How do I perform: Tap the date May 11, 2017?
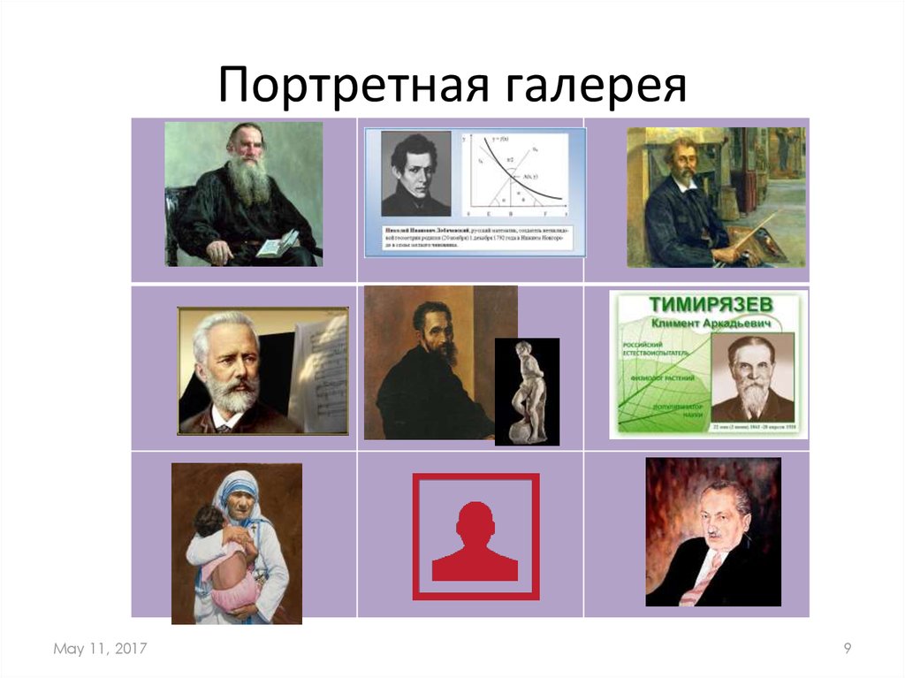pos(100,650)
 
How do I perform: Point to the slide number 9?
pos(847,650)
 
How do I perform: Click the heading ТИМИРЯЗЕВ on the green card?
pos(707,305)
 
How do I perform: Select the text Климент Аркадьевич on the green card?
pos(707,324)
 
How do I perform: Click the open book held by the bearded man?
pos(277,243)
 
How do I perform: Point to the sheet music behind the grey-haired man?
pos(318,371)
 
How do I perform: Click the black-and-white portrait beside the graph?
pos(415,174)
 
